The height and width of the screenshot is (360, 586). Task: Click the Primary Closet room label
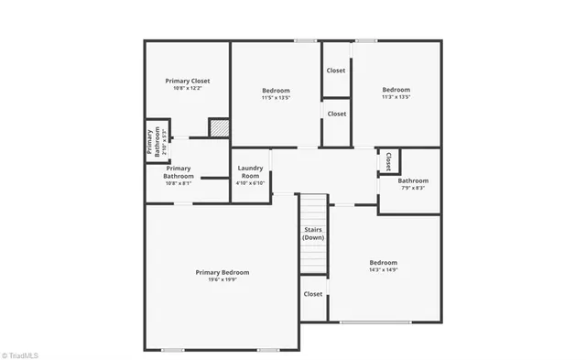tap(187, 81)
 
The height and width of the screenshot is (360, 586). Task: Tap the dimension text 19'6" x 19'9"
tap(222, 279)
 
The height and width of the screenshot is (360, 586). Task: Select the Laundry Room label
tap(250, 171)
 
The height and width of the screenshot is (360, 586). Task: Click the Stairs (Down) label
tap(313, 234)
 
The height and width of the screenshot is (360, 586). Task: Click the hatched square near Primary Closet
tap(218, 128)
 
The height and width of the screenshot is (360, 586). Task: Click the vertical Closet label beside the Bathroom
tap(388, 161)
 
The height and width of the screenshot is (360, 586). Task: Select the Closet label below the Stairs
tap(313, 294)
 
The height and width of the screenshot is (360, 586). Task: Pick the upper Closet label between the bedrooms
tap(336, 71)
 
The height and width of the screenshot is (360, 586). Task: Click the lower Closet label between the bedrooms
tap(336, 114)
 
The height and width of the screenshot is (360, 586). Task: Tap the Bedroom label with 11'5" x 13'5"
tap(276, 90)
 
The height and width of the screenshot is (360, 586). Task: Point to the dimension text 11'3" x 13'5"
tap(396, 97)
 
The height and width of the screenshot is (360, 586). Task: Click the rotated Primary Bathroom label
tap(150, 142)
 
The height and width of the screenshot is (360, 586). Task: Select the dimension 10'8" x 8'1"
tap(179, 183)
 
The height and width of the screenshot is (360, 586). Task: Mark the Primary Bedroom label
tap(222, 272)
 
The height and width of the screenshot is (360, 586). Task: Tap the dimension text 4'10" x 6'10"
tap(250, 183)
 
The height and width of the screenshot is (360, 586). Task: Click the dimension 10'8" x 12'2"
tap(187, 89)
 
